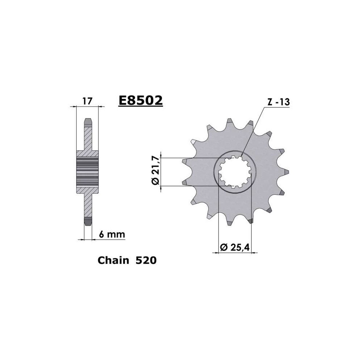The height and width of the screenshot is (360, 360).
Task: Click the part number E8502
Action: pos(140,100)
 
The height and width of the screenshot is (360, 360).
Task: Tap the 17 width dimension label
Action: pos(87,101)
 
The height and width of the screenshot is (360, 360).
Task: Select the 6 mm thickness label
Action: pos(112,234)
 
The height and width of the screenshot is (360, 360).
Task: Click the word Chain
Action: pos(113,260)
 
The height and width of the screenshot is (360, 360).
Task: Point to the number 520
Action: pos(146,260)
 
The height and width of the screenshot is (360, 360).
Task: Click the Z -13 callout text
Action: pos(279,102)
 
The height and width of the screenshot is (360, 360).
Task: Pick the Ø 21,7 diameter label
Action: pos(156,170)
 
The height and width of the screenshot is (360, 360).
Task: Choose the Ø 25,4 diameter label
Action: pos(234,247)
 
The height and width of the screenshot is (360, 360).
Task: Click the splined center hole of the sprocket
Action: pos(234,172)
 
